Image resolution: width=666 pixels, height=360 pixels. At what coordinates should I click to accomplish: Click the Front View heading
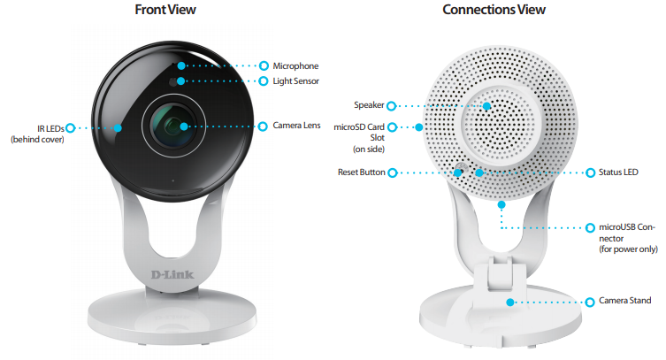pyautogui.click(x=165, y=10)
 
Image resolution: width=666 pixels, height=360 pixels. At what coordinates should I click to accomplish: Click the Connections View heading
pyautogui.click(x=494, y=10)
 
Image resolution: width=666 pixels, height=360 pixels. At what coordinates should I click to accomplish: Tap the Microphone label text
pyautogui.click(x=295, y=65)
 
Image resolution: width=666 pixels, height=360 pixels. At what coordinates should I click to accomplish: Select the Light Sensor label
pyautogui.click(x=295, y=81)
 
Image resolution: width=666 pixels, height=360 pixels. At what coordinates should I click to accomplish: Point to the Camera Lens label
pyautogui.click(x=296, y=126)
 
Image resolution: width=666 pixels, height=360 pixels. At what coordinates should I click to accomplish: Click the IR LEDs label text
pyautogui.click(x=50, y=128)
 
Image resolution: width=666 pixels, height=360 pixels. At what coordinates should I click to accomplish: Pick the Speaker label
pyautogui.click(x=369, y=105)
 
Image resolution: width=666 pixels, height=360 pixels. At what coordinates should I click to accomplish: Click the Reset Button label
pyautogui.click(x=362, y=172)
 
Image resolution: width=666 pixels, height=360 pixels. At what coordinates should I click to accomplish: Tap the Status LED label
pyautogui.click(x=618, y=172)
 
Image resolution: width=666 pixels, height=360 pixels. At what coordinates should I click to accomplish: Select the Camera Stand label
pyautogui.click(x=624, y=301)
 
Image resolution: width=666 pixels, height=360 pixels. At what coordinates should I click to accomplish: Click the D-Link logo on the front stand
pyautogui.click(x=172, y=275)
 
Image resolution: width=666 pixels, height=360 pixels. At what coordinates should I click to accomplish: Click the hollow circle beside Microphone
pyautogui.click(x=264, y=65)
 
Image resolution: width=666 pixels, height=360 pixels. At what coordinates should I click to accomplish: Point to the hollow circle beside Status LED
pyautogui.click(x=591, y=172)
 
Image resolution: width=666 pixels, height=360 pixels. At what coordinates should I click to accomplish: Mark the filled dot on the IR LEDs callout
pyautogui.click(x=118, y=127)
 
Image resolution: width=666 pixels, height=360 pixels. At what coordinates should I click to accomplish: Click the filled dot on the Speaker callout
pyautogui.click(x=486, y=106)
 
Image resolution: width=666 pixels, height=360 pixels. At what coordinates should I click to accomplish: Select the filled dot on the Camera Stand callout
pyautogui.click(x=510, y=303)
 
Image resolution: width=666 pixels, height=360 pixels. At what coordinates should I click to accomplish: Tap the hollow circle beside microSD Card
pyautogui.click(x=393, y=127)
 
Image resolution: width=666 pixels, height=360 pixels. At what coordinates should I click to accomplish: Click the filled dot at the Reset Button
pyautogui.click(x=457, y=172)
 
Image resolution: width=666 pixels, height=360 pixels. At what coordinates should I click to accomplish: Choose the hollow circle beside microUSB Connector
pyautogui.click(x=591, y=228)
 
